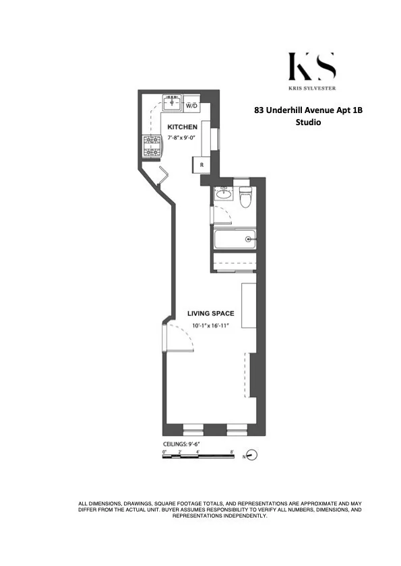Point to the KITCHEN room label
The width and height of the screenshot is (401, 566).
click(182, 127)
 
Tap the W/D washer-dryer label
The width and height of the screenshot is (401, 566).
click(191, 106)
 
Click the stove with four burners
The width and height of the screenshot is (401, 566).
click(152, 147)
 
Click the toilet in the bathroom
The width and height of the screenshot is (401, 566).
click(246, 197)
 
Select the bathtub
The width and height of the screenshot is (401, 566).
click(234, 239)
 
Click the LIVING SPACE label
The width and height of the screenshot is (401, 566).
click(210, 312)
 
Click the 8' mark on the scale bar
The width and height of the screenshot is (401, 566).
click(231, 452)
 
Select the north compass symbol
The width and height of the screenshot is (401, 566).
click(252, 456)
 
